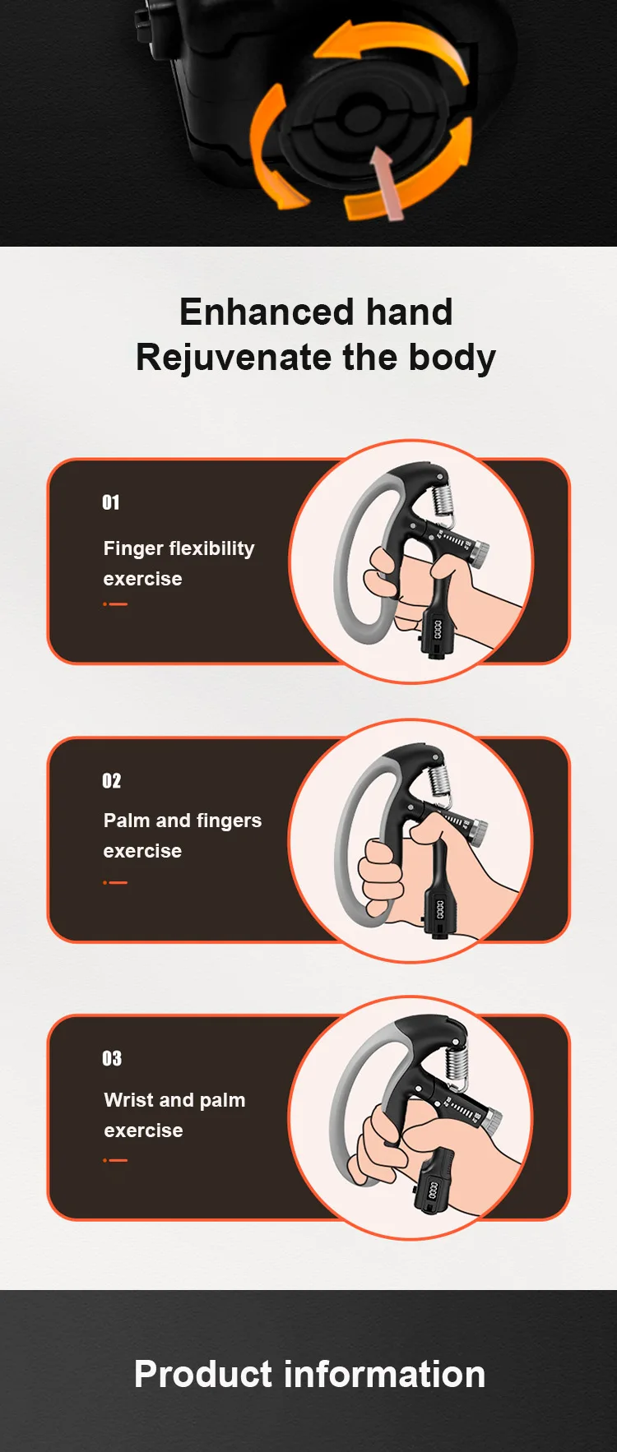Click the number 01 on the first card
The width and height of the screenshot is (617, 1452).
tap(111, 502)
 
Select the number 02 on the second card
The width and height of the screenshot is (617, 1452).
tap(111, 780)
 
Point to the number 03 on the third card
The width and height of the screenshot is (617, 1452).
tap(112, 1058)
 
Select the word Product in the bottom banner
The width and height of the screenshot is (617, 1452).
tap(202, 1375)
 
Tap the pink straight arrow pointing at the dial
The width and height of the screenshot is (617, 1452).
tap(387, 182)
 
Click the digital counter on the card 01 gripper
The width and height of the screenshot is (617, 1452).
tap(437, 631)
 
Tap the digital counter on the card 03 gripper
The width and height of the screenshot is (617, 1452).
tap(434, 1189)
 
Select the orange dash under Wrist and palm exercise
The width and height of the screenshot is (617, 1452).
tap(116, 1160)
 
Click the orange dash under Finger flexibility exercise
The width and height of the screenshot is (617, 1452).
tap(116, 604)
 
